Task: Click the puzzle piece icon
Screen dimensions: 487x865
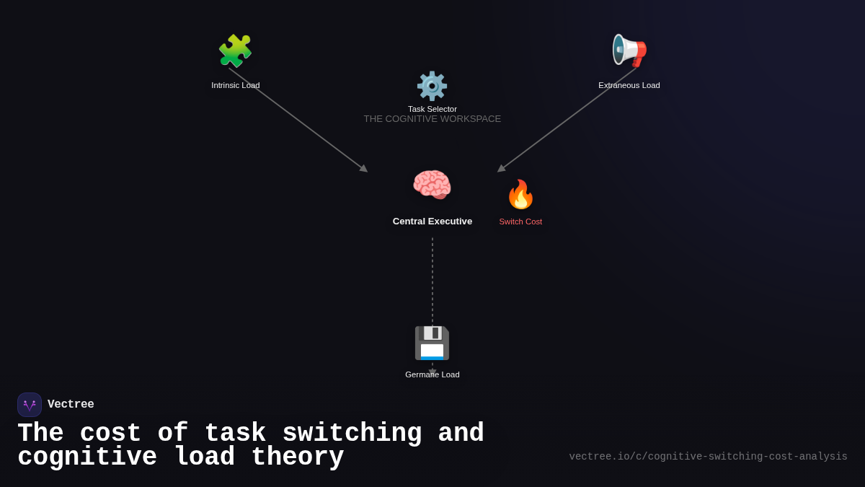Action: point(235,51)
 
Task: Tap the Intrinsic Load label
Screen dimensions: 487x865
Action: point(236,85)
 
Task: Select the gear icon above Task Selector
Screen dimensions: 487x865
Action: point(432,86)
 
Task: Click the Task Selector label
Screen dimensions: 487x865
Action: point(432,109)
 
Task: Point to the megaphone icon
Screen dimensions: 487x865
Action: point(629,51)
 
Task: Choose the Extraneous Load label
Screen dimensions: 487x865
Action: point(629,85)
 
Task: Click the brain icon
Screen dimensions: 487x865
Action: point(432,185)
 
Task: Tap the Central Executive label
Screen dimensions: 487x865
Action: point(432,221)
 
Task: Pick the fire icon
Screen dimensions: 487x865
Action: point(520,195)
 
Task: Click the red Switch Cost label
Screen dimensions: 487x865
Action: point(520,221)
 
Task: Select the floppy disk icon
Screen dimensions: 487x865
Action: point(432,343)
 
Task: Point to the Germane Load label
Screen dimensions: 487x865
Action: point(432,374)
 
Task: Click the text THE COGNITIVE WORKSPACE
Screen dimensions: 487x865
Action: point(432,119)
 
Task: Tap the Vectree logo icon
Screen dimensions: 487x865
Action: point(30,405)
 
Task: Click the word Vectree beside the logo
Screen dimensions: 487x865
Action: point(71,405)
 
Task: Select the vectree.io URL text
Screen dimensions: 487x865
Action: point(708,457)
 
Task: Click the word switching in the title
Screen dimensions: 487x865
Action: point(352,434)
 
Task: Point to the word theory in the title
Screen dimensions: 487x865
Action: point(298,457)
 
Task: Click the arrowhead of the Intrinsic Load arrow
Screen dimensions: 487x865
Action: point(364,169)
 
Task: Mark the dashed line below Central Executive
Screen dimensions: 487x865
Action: point(432,281)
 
